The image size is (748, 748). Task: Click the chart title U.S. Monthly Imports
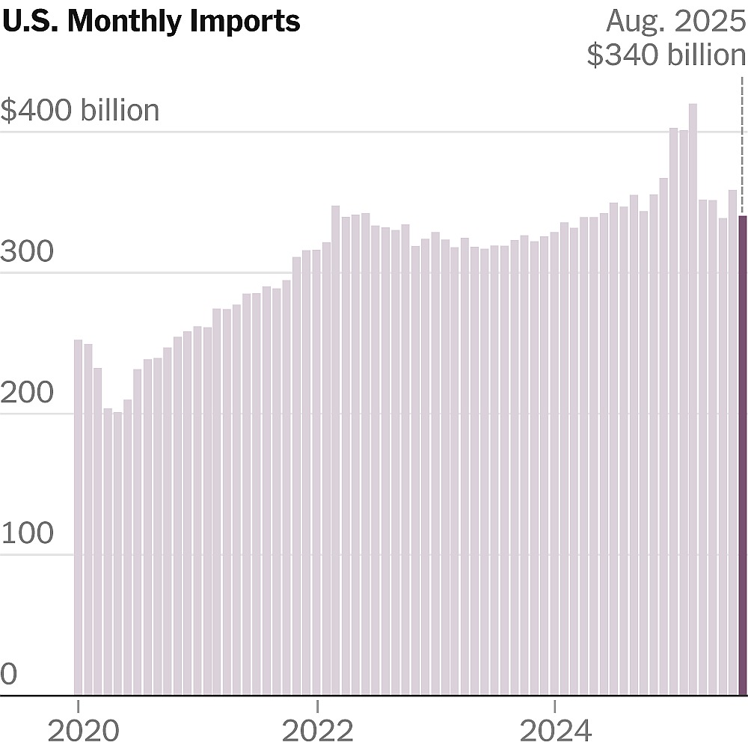(x=151, y=21)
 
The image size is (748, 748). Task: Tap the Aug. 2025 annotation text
(x=675, y=21)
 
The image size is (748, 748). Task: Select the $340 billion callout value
(x=666, y=55)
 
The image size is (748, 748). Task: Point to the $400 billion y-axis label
(x=80, y=111)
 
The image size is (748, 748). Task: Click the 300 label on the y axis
(x=27, y=252)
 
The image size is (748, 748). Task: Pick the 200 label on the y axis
(x=27, y=393)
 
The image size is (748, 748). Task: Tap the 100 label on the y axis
(x=27, y=534)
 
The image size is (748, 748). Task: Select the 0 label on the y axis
(x=8, y=675)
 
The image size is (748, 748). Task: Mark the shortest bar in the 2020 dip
(x=117, y=554)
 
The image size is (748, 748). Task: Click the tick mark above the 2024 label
(x=554, y=704)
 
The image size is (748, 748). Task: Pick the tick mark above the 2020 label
(x=78, y=704)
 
